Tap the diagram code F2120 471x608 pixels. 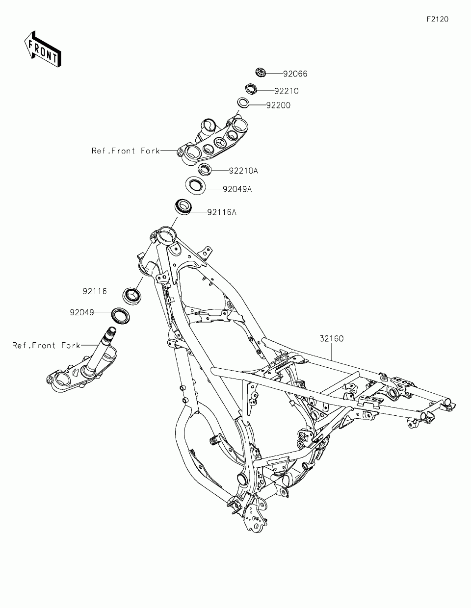pos(437,20)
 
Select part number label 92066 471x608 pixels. pos(295,74)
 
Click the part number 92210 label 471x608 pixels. pos(286,91)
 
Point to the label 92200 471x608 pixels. pos(278,105)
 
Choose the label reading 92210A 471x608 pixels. pos(243,171)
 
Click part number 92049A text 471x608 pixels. pos(237,189)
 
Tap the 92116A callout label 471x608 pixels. pos(222,212)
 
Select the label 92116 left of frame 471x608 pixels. pos(95,291)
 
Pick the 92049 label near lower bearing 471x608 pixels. pos(82,312)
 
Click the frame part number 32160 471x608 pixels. pos(332,338)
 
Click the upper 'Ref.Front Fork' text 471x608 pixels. pos(126,151)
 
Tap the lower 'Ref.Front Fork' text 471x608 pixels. pos(46,346)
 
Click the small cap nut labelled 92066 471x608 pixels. pos(261,74)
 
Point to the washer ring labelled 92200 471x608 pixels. pos(243,103)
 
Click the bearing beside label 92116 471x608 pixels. pos(131,295)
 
